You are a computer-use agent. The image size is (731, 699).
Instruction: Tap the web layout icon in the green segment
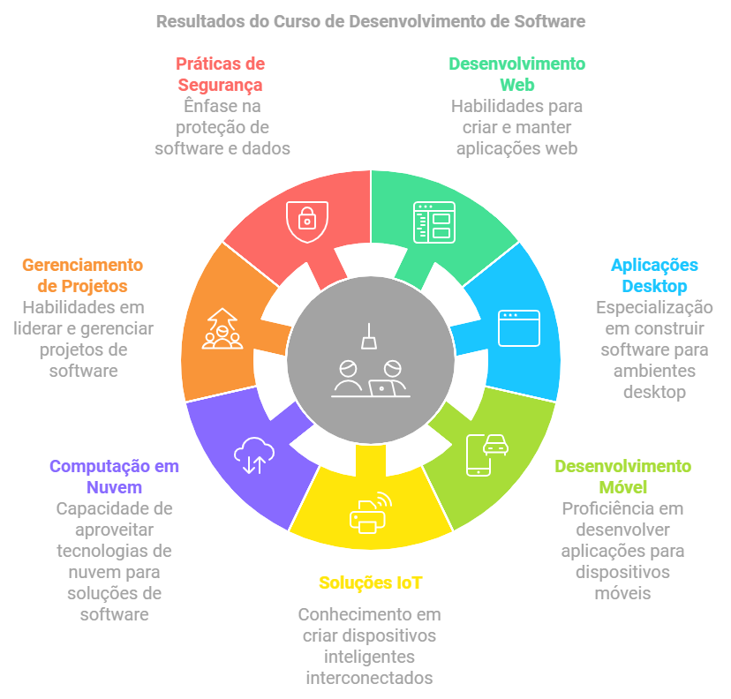pyautogui.click(x=433, y=222)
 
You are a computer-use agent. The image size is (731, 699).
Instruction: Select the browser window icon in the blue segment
pyautogui.click(x=518, y=327)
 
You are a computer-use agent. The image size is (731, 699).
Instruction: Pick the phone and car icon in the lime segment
pyautogui.click(x=486, y=454)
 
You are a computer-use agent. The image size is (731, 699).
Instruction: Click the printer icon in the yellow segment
pyautogui.click(x=368, y=511)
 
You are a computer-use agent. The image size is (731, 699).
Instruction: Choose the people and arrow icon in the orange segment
pyautogui.click(x=222, y=328)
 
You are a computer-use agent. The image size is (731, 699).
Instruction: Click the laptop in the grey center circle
pyautogui.click(x=383, y=387)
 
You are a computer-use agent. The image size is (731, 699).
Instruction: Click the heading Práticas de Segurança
pyautogui.click(x=221, y=74)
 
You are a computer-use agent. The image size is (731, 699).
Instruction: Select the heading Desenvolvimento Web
pyautogui.click(x=516, y=74)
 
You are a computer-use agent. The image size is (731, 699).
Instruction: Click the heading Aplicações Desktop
pyautogui.click(x=654, y=275)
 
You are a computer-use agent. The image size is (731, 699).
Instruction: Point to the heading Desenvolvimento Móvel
pyautogui.click(x=622, y=477)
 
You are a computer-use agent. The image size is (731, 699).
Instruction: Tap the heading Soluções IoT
pyautogui.click(x=371, y=582)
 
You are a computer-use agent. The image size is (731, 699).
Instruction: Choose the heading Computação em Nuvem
pyautogui.click(x=114, y=477)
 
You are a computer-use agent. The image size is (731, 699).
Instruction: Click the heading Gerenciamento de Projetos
pyautogui.click(x=82, y=275)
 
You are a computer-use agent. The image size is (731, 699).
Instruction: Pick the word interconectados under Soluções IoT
pyautogui.click(x=369, y=678)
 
